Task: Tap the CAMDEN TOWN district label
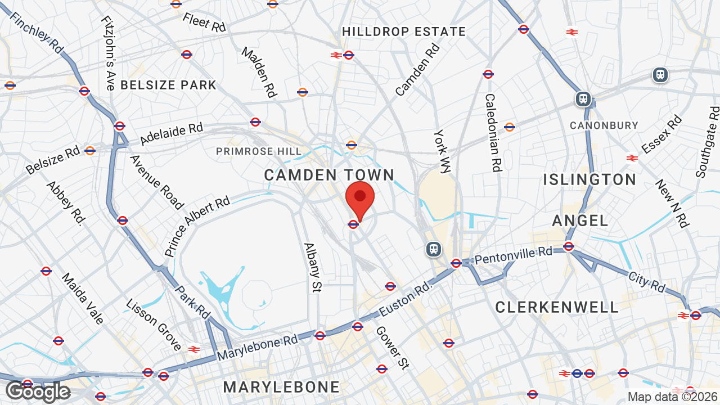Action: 329,175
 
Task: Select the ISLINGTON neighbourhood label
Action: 589,179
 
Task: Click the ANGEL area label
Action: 580,220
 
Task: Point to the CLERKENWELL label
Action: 557,307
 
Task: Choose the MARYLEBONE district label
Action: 281,387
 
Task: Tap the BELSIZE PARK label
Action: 168,85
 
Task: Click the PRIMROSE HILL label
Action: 259,151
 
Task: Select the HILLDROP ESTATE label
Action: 404,31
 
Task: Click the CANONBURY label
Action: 604,125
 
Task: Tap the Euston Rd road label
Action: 405,299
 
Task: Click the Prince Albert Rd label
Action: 197,226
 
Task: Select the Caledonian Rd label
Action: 492,133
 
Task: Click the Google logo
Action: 38,391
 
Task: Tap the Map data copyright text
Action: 673,397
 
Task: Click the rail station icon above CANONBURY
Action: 583,100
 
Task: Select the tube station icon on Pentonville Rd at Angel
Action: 568,246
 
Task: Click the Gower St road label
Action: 391,348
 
